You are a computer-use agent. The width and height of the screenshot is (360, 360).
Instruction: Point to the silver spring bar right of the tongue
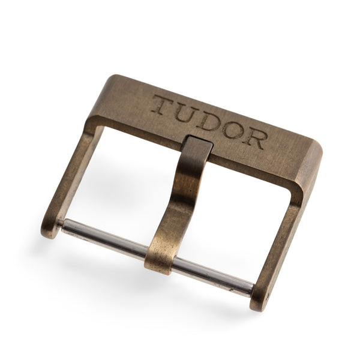point(214,278)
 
